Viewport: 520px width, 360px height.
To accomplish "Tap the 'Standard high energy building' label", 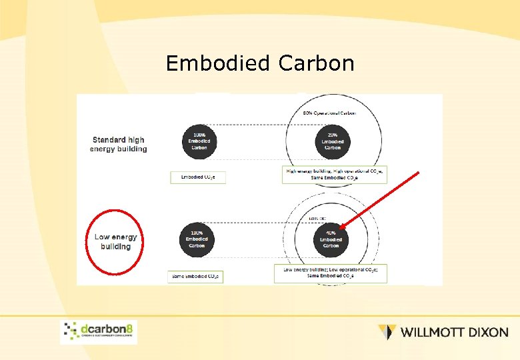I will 119,144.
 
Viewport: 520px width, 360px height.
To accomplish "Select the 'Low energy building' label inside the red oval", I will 116,241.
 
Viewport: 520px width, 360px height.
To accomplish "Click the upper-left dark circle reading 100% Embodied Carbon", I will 199,141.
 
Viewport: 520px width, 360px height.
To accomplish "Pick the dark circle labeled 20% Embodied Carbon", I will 332,141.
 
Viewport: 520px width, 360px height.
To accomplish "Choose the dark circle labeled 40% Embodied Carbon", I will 331,239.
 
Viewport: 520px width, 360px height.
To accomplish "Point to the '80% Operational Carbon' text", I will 330,113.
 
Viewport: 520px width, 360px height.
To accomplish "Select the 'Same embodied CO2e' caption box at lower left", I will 195,276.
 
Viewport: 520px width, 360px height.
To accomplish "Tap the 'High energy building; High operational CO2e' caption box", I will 335,174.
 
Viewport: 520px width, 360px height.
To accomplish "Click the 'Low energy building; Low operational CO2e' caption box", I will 331,272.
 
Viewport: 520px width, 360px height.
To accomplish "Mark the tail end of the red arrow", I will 419,173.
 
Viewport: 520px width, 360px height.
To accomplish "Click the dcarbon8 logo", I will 99,331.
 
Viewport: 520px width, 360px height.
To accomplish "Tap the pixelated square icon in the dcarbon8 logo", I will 71,331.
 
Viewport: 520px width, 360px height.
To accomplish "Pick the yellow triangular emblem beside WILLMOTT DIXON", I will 387,331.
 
